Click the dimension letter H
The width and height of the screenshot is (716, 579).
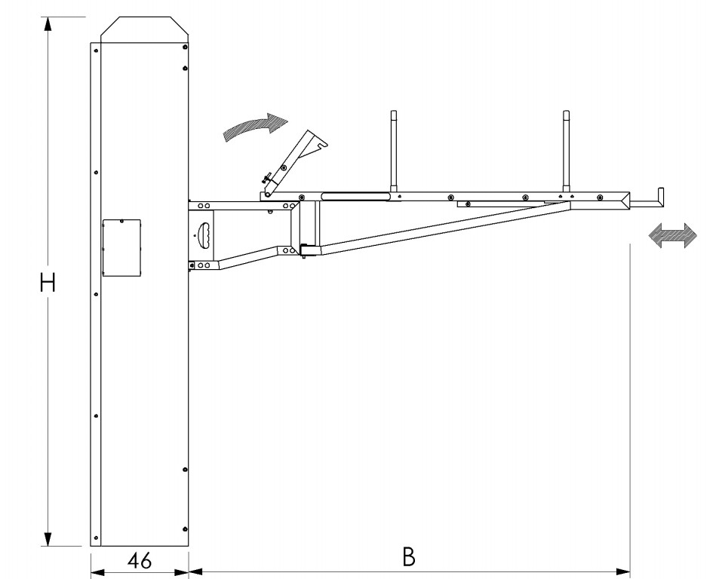click(48, 283)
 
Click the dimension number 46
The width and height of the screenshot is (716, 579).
click(140, 560)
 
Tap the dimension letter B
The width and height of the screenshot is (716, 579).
click(409, 556)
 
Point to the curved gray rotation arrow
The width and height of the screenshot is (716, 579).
click(255, 127)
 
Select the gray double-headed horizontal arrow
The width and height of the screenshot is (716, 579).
click(673, 236)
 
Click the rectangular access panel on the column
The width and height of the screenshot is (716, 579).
click(121, 248)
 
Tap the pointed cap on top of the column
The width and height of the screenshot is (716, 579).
click(144, 30)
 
